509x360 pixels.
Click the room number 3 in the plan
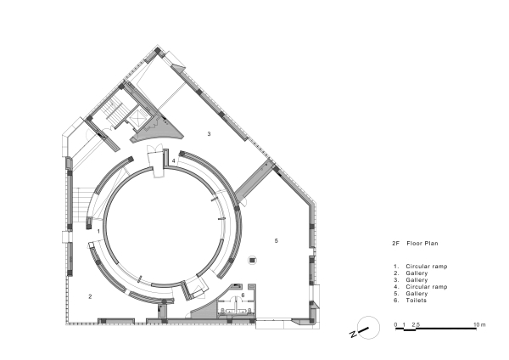tap(209, 133)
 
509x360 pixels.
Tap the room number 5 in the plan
tap(277, 240)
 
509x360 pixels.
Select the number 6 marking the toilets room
tap(243, 295)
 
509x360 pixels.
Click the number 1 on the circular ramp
tap(99, 230)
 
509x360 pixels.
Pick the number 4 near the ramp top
tap(173, 160)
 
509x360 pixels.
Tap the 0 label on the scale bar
tap(396, 324)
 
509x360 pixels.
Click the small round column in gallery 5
tap(251, 261)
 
